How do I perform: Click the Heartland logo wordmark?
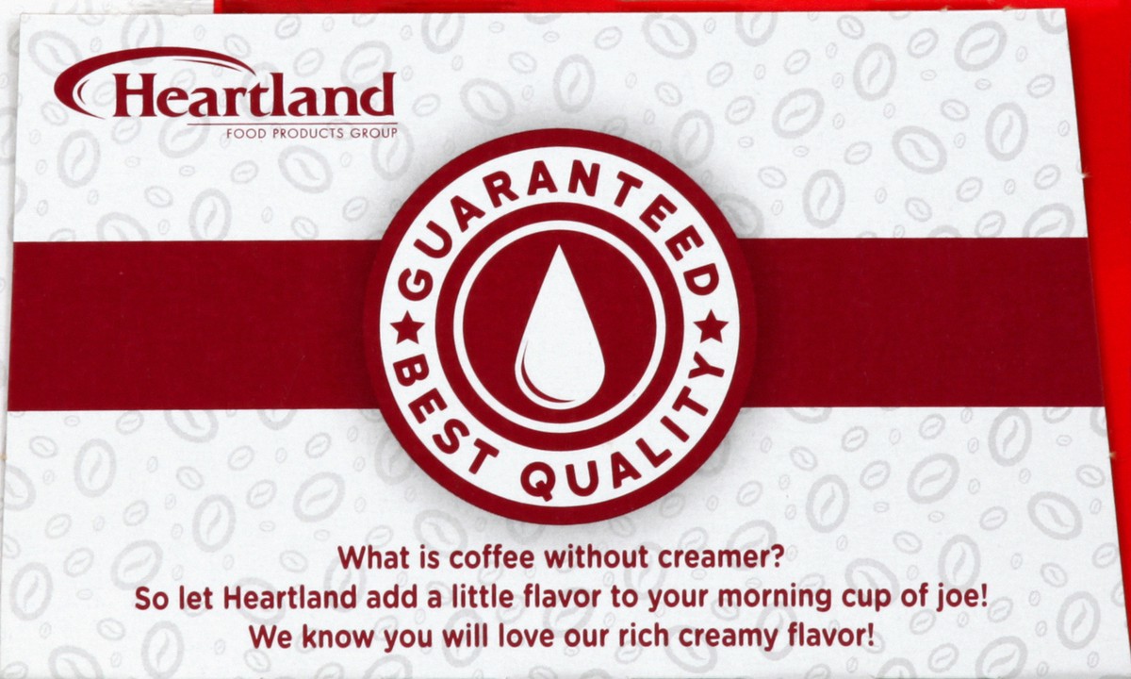(254, 95)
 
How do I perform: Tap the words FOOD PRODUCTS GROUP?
(312, 134)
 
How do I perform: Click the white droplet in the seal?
(560, 327)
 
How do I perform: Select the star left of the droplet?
(409, 328)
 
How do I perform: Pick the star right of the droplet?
(711, 327)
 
